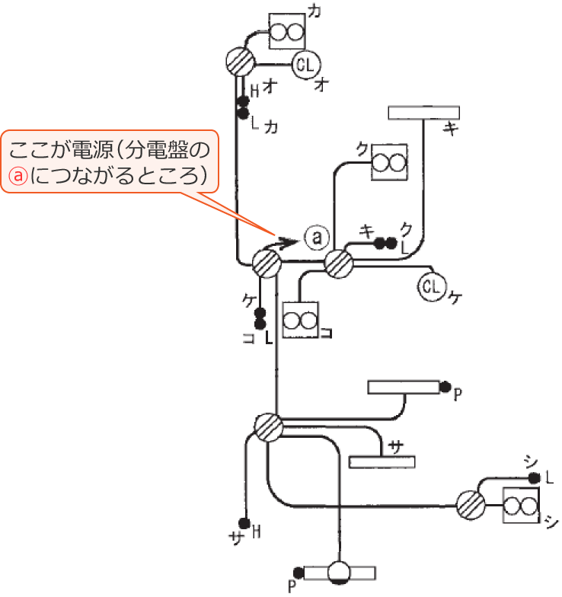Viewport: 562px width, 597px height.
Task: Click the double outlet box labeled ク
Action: tap(388, 161)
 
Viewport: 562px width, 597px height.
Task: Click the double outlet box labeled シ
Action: tap(522, 506)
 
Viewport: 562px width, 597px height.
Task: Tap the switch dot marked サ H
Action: tap(245, 524)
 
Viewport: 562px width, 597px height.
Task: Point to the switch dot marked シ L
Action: tap(535, 478)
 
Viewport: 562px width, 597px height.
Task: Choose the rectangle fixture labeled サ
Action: tap(382, 461)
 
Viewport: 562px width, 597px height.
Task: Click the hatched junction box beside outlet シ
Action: tap(471, 504)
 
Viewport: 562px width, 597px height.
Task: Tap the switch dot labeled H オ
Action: tap(243, 101)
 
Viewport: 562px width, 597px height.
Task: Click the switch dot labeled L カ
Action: tap(243, 114)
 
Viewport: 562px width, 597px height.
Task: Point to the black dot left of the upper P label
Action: tap(445, 387)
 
